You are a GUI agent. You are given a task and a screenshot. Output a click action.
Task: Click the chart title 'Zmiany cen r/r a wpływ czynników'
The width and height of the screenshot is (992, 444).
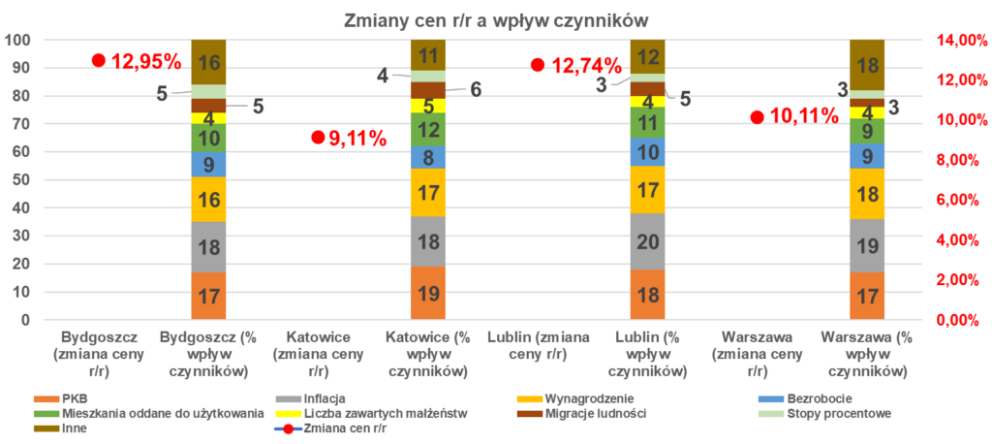(x=495, y=19)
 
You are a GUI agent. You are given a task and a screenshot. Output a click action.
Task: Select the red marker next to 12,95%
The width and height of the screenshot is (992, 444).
(x=98, y=60)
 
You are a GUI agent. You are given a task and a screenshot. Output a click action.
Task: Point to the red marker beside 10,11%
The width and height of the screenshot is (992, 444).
(x=758, y=116)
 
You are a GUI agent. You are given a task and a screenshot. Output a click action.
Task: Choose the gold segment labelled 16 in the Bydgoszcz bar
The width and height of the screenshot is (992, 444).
(x=208, y=200)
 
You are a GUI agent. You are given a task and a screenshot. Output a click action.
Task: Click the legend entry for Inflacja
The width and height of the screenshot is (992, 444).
(x=310, y=398)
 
